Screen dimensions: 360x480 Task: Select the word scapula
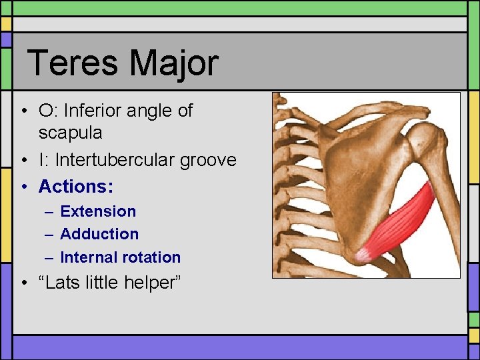coord(70,133)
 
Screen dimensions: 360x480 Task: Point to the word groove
coord(209,160)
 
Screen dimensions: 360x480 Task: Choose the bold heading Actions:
coord(76,186)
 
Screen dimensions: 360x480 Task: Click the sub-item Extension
coord(98,211)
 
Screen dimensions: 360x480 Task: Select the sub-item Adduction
coord(99,234)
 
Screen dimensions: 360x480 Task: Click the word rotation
coord(150,257)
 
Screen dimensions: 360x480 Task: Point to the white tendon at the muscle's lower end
coord(364,253)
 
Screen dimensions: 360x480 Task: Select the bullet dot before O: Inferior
coord(24,111)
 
